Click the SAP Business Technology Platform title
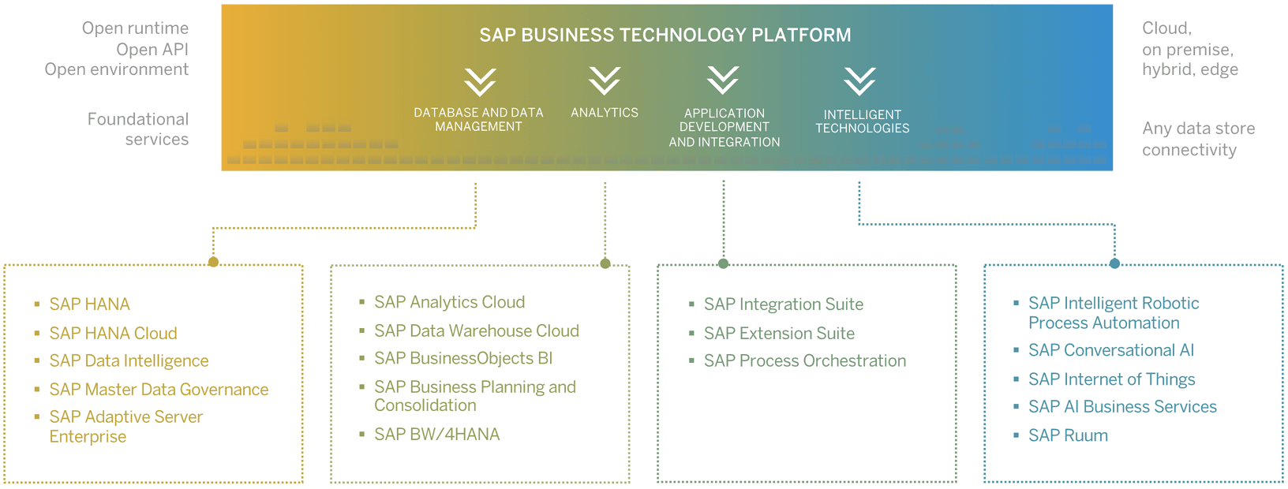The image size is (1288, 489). (x=665, y=35)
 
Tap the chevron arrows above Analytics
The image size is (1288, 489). (x=605, y=80)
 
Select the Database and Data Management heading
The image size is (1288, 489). (x=478, y=119)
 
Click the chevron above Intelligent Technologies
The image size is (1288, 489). (x=859, y=81)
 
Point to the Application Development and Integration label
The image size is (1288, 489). (x=724, y=127)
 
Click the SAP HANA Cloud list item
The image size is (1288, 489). (x=113, y=333)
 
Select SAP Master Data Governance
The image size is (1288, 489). (x=159, y=390)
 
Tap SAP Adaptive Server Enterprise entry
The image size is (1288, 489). (x=125, y=427)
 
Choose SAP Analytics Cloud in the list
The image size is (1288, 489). (x=449, y=302)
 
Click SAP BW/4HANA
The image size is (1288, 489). (x=436, y=434)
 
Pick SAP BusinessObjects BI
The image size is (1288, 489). (x=462, y=358)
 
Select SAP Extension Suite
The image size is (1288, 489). (x=779, y=333)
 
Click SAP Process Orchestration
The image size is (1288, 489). (x=804, y=360)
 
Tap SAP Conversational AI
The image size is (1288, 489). (x=1110, y=350)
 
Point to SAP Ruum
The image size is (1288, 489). (x=1068, y=435)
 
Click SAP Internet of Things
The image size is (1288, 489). (x=1111, y=379)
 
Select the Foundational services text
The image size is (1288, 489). (x=138, y=129)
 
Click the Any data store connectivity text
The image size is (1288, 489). (x=1197, y=139)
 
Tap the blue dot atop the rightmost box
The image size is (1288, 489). (x=1114, y=263)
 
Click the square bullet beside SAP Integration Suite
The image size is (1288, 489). (x=691, y=304)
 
